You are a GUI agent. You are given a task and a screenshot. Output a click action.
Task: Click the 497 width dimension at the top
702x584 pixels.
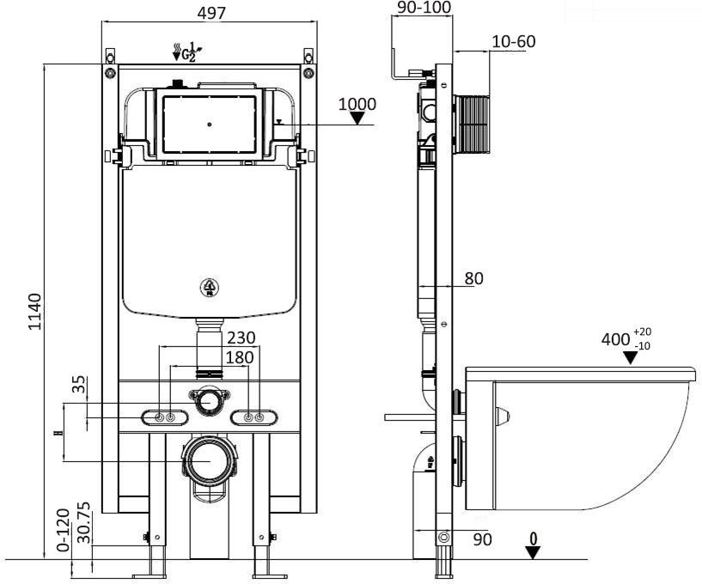tap(211, 12)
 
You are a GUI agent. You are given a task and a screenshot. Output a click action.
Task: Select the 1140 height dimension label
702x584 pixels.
tap(34, 311)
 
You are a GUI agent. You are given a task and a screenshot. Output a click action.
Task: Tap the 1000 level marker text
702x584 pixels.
tap(357, 104)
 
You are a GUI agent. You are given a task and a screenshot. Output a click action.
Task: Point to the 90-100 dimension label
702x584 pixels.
tap(424, 8)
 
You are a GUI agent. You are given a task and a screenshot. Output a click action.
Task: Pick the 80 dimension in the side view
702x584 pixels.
tap(473, 278)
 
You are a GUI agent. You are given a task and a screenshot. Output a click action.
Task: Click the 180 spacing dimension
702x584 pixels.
tap(211, 356)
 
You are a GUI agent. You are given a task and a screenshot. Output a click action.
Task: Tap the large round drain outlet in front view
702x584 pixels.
tap(208, 460)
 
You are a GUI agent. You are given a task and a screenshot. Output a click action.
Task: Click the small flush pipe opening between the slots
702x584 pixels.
tap(209, 400)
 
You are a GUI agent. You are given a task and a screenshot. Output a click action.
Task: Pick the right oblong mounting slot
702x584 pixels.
tap(254, 417)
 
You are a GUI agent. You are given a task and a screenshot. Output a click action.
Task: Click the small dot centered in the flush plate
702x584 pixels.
tap(209, 125)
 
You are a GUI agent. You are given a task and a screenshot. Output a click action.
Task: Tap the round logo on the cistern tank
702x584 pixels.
tap(209, 288)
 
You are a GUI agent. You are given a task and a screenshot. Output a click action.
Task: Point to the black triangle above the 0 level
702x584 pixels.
tap(534, 553)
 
